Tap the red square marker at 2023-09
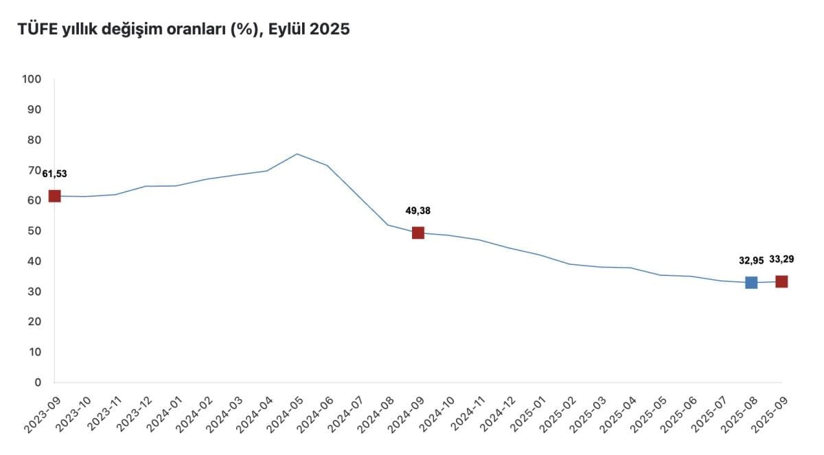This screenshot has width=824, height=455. pos(54,196)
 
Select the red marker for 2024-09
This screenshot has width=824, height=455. pos(417,233)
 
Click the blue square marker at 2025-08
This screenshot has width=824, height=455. pos(751,283)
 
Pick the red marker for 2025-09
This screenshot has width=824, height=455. pos(781,281)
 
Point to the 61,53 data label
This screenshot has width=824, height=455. pos(54,174)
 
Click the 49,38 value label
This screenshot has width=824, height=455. pos(417,211)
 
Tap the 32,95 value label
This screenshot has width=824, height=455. pos(751,261)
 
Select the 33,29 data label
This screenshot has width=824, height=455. pos(781,259)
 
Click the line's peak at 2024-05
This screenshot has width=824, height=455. pos(297,154)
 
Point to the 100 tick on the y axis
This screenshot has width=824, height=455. pos(32,80)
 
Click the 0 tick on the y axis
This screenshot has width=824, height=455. pos(38,382)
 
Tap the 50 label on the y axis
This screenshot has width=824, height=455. pos(35,231)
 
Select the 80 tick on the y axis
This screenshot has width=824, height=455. pos(35,140)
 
